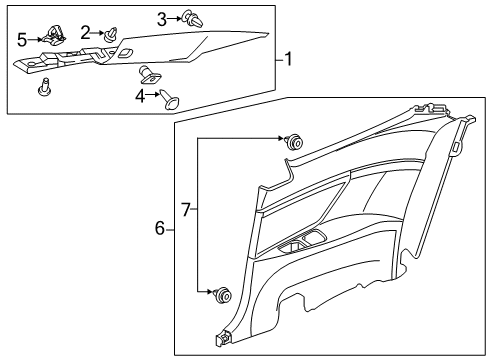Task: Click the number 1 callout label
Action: click(x=288, y=59)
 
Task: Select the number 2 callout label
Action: click(x=86, y=32)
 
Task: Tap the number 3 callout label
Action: click(x=162, y=18)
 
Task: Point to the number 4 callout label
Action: click(x=142, y=97)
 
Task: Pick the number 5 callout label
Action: click(x=22, y=40)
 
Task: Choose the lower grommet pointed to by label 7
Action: click(x=222, y=294)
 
